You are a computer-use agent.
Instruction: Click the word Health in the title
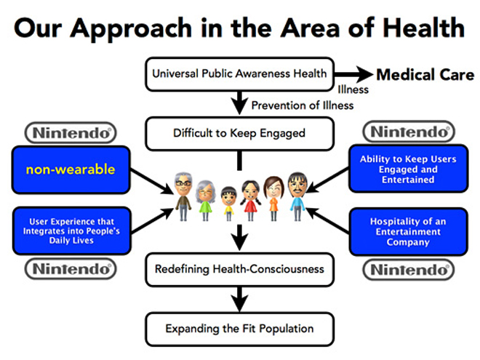pyautogui.click(x=424, y=28)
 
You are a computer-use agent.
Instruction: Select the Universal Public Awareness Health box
pyautogui.click(x=239, y=74)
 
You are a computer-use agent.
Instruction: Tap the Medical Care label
pyautogui.click(x=425, y=75)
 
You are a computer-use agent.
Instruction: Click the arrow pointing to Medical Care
pyautogui.click(x=353, y=74)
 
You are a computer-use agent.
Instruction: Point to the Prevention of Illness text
pyautogui.click(x=303, y=105)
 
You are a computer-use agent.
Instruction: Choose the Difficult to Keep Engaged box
pyautogui.click(x=239, y=134)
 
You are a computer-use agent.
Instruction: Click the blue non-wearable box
pyautogui.click(x=71, y=169)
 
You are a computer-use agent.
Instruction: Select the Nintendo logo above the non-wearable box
pyautogui.click(x=71, y=133)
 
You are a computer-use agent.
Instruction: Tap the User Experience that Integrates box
pyautogui.click(x=72, y=231)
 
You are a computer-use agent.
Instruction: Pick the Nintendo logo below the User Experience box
pyautogui.click(x=71, y=269)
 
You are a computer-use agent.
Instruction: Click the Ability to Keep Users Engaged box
pyautogui.click(x=409, y=169)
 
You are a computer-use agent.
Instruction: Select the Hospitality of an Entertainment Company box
pyautogui.click(x=409, y=231)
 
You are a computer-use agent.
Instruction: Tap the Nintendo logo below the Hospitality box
pyautogui.click(x=409, y=270)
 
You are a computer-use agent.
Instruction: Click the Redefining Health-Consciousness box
pyautogui.click(x=239, y=269)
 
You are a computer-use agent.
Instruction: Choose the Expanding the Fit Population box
pyautogui.click(x=239, y=329)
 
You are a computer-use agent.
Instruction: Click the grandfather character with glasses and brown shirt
pyautogui.click(x=183, y=196)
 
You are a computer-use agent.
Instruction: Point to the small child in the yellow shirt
pyautogui.click(x=228, y=203)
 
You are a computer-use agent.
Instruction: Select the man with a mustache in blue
pyautogui.click(x=297, y=196)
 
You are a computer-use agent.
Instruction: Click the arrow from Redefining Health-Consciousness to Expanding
pyautogui.click(x=240, y=299)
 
